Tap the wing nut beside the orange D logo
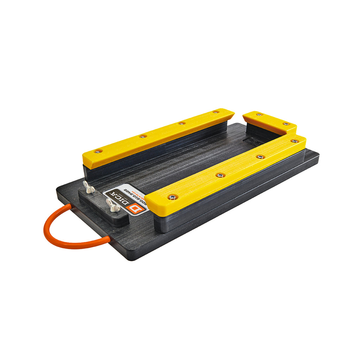113,205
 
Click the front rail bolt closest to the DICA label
172,197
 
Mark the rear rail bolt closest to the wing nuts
98,152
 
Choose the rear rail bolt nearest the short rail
216,112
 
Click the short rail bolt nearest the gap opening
259,115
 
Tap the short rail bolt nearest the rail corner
286,124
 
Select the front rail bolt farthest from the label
295,141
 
